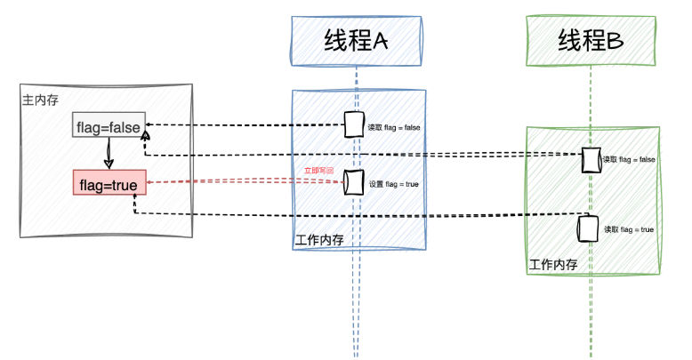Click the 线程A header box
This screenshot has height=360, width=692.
point(357,42)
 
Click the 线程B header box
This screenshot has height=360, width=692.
point(591,42)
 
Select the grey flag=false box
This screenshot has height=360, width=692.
point(108,127)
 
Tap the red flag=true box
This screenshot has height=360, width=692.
point(108,185)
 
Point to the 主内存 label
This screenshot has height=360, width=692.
point(40,100)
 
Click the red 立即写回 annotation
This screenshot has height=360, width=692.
point(318,169)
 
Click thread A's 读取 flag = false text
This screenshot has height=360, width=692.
point(394,128)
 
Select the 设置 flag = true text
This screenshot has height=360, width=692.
point(393,184)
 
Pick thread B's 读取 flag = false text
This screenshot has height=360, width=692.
point(629,160)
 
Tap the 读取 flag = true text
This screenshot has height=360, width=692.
point(629,229)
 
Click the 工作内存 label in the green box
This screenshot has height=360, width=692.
point(553,264)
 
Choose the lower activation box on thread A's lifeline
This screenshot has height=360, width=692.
point(354,182)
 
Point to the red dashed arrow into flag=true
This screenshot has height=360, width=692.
point(240,182)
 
